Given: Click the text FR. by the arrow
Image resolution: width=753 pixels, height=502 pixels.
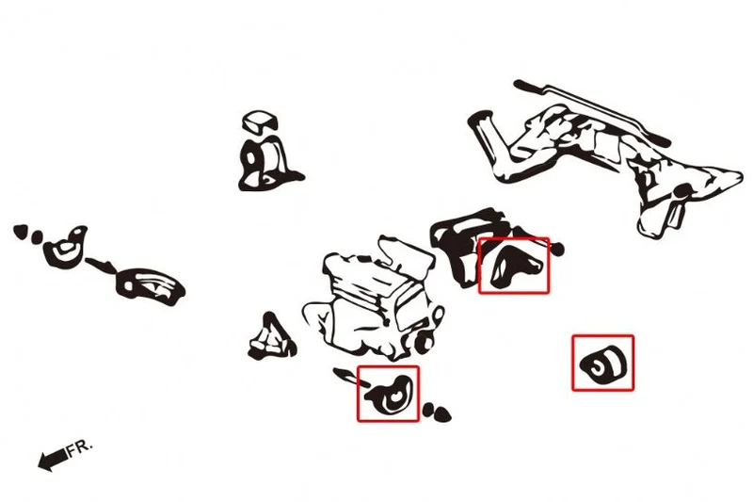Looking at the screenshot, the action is coord(78,447).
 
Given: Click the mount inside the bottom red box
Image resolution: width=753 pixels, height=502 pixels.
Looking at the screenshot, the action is coord(390,396).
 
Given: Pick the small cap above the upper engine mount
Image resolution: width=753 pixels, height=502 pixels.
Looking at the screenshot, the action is coord(261,121).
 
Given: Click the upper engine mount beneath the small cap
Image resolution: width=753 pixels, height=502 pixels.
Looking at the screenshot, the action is coord(266,163).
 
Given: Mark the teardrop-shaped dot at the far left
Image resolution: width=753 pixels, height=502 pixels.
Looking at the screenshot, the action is coord(20,232).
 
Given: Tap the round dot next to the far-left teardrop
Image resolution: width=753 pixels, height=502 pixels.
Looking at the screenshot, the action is coord(37,236).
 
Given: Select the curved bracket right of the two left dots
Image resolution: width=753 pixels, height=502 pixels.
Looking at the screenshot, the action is coord(65,246).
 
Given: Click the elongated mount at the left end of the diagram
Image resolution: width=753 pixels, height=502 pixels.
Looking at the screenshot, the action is coord(150,286).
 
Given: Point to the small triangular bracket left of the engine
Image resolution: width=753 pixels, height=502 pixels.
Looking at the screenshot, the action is coord(272,338).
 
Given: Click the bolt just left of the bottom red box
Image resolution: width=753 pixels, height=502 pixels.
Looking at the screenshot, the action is coord(349,377).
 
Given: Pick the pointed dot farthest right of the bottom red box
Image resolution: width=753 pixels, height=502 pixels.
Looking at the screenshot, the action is coord(442,413).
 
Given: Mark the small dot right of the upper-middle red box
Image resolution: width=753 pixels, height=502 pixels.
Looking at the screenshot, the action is coord(557,249).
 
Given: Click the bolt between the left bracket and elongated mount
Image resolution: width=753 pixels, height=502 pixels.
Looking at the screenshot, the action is coord(101,265).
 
